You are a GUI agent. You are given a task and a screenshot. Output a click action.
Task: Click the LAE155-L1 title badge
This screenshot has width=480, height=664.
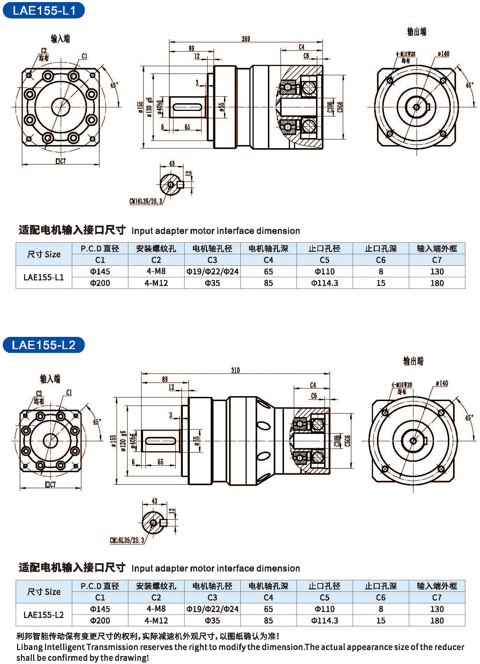pos(44,10)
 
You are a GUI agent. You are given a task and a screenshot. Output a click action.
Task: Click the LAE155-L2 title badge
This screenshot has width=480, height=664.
pos(44,345)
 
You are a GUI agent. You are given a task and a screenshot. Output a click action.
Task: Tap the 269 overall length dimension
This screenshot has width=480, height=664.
pos(246,39)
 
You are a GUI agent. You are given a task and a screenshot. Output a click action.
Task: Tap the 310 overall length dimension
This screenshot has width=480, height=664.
pos(235,370)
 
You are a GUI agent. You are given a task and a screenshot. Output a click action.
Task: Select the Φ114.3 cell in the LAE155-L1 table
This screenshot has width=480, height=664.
pos(324,283)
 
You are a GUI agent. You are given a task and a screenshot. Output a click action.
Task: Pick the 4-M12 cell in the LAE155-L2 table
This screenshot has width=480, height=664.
pos(156,620)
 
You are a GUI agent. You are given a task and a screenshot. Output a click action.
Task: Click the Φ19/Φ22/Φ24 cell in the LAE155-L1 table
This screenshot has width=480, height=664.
pos(212,271)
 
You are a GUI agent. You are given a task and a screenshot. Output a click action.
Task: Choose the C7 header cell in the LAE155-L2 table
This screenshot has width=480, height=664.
pos(437,597)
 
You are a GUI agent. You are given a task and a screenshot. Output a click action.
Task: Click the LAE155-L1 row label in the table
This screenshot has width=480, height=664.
pos(44,277)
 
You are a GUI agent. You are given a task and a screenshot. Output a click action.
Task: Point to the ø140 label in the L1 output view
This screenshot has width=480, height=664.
pos(443,54)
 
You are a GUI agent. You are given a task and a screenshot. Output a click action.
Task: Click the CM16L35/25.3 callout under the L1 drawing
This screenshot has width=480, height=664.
pos(146,201)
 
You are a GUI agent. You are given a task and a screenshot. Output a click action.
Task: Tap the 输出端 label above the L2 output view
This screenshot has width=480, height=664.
pos(413,361)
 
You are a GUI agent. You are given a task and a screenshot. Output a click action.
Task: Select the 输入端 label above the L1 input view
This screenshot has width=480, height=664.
pos(60,39)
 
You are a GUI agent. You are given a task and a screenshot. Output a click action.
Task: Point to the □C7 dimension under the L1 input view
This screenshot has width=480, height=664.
pos(60,161)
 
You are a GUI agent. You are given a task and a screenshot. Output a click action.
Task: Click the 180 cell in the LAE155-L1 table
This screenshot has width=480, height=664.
pos(437,283)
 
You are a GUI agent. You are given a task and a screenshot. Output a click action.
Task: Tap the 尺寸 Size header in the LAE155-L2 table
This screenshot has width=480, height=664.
pos(44,592)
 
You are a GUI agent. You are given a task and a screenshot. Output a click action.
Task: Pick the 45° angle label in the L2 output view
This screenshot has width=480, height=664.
pos(469,417)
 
